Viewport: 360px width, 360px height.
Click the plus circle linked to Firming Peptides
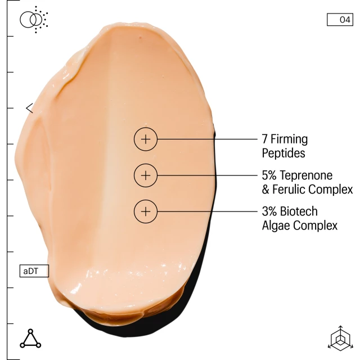point(146,139)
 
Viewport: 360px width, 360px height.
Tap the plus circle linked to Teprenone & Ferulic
point(146,175)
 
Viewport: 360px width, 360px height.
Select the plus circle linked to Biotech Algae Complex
point(146,212)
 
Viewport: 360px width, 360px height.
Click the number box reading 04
point(340,20)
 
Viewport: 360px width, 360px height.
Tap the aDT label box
point(34,271)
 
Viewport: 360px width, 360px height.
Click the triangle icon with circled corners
point(30,338)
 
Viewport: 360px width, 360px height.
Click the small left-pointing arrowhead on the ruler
point(29,108)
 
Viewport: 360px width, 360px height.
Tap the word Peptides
point(283,152)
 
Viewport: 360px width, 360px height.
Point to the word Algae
point(276,226)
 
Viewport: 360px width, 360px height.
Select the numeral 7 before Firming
point(265,139)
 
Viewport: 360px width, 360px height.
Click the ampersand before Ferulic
point(266,189)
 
